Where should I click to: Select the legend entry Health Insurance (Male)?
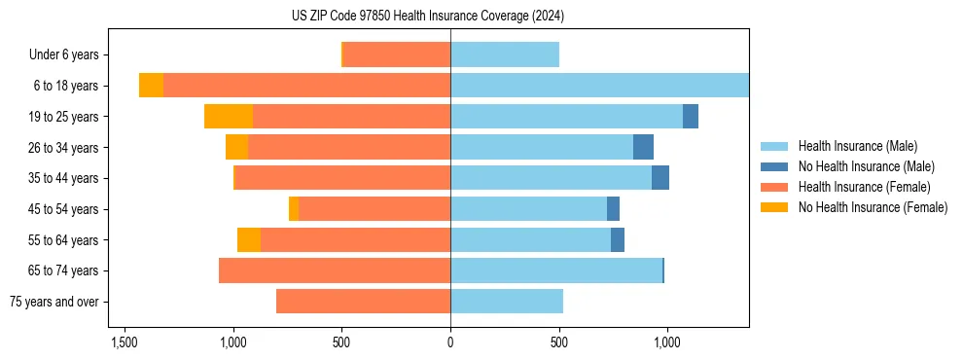(857, 146)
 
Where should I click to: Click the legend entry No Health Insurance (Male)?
(866, 166)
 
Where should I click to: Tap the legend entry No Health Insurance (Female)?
(873, 207)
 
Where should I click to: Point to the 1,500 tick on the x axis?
(125, 343)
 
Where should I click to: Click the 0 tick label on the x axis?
(450, 343)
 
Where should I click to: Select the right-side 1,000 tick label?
(667, 343)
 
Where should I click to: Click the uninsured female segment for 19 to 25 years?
(229, 117)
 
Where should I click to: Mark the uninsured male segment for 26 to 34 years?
(643, 147)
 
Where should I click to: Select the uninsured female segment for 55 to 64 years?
(249, 240)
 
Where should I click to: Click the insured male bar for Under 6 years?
(505, 54)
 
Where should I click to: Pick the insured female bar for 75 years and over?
(363, 302)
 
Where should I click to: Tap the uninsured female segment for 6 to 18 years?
(151, 86)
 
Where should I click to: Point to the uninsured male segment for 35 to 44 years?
(660, 178)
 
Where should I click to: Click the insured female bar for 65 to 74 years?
(335, 270)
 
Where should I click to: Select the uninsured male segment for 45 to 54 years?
(613, 209)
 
